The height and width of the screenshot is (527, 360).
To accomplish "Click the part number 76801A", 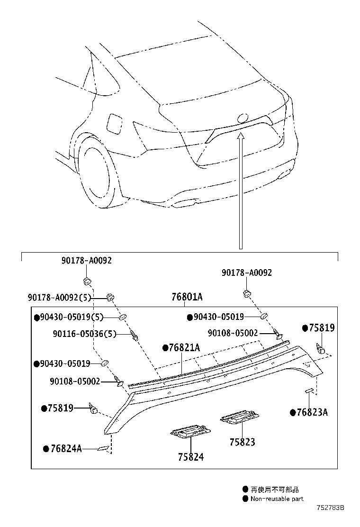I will pos(187,297).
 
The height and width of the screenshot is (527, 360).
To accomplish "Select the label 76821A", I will pos(184,348).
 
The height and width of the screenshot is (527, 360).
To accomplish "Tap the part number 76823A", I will pos(312,412).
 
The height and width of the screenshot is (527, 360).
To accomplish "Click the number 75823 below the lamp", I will pos(242,442).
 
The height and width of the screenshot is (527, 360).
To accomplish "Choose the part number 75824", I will pos(191,457).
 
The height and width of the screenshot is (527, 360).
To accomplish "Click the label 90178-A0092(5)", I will pos(59,297).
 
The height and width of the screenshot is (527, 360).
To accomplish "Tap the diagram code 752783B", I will pos(330,508).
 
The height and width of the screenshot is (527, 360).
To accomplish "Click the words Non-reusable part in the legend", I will pos(277,499).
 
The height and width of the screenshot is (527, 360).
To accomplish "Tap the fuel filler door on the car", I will pos(115,123).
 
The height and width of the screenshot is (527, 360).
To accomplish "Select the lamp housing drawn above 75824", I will pos(190,432).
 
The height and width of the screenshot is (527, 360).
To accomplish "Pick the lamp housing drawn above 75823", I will pos(239,417).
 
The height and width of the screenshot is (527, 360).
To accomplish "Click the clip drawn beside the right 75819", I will pos(321,349).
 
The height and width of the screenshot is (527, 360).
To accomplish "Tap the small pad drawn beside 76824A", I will pos(104,448).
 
